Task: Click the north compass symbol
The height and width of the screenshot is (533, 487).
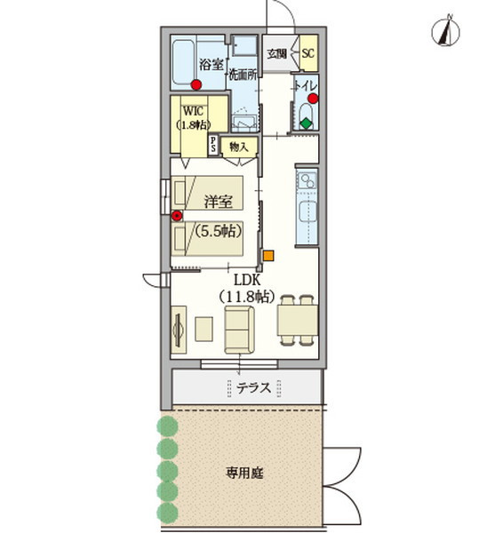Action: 445,31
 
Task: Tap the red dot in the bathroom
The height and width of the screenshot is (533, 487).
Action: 196,84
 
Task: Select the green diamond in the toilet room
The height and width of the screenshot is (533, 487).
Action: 307,123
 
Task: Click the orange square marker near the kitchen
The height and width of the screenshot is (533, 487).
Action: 268,256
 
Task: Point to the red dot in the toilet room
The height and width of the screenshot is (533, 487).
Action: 313,99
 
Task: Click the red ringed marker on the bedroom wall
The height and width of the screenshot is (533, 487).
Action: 177,216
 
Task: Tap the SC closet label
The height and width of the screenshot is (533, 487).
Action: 308,53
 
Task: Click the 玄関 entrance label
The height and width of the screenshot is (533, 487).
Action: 276,53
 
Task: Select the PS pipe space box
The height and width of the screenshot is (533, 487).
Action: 213,145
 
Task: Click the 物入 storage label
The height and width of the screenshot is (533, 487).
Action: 239,147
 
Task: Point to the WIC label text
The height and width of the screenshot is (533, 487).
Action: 193,111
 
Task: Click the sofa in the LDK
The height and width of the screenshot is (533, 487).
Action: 239,330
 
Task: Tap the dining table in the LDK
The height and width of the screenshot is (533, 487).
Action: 298,321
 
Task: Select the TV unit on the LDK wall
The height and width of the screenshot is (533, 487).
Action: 179,330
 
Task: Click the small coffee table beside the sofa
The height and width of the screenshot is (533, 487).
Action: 204,329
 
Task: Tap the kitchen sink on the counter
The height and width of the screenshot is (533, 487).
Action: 307,211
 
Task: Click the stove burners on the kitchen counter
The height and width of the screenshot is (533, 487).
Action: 307,180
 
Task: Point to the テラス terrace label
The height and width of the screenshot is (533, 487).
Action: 254,387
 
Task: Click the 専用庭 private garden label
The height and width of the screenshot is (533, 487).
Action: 244,473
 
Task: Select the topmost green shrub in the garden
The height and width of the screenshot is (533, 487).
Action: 167,426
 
